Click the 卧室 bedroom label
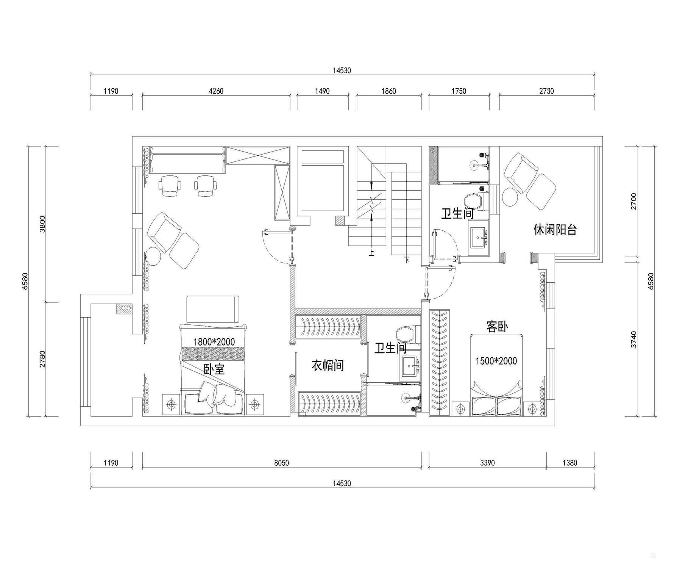click(x=214, y=369)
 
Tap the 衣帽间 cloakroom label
click(x=328, y=365)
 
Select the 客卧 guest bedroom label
click(x=497, y=326)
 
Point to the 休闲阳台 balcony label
click(x=555, y=230)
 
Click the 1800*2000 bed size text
click(x=214, y=342)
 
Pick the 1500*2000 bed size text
click(x=496, y=361)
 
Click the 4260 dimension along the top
click(x=216, y=91)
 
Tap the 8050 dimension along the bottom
click(x=281, y=463)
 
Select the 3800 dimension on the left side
click(x=42, y=224)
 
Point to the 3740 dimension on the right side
click(x=634, y=340)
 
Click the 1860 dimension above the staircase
click(x=388, y=91)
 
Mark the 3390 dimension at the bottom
click(x=487, y=463)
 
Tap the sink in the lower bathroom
click(x=410, y=366)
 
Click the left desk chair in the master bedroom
click(x=170, y=185)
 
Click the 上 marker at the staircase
click(x=371, y=252)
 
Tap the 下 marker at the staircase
click(x=407, y=260)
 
